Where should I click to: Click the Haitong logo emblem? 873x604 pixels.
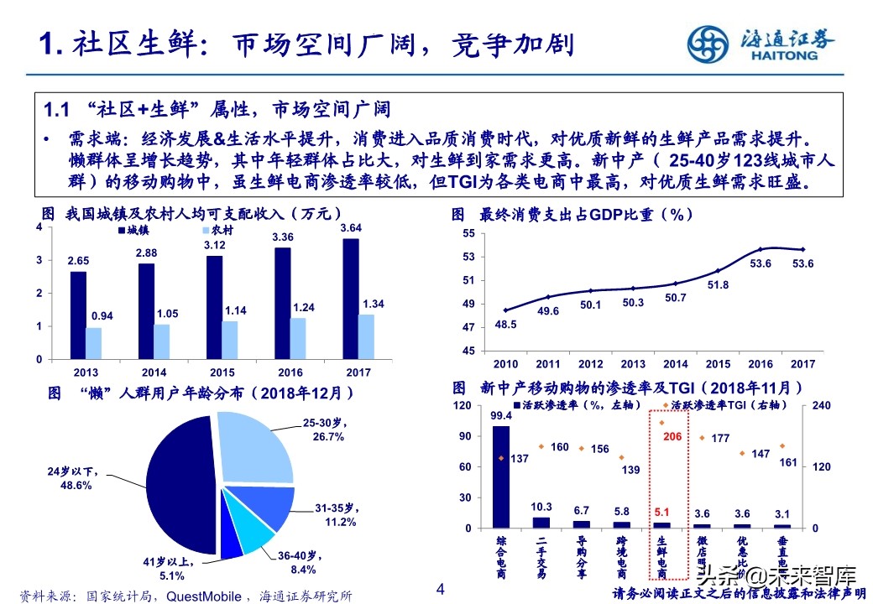708,42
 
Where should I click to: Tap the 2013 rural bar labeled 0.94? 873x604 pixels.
93,343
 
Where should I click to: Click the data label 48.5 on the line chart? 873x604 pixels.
505,324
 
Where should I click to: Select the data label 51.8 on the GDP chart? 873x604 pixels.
719,284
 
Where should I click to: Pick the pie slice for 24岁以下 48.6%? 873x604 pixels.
180,487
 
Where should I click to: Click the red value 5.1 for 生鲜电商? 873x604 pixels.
661,512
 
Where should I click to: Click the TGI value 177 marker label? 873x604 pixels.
719,438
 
